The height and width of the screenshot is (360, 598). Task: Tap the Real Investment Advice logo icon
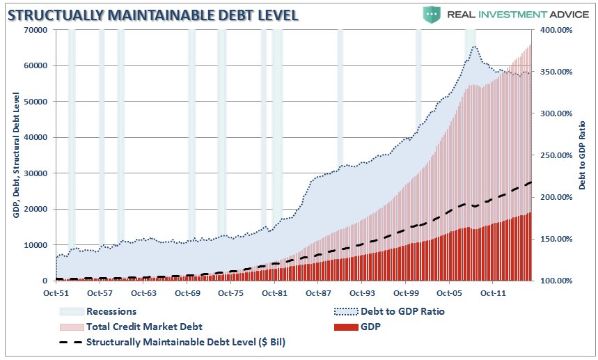[432, 13]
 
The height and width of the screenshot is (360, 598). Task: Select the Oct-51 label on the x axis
[56, 294]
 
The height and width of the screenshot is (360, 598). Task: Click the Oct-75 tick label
[230, 294]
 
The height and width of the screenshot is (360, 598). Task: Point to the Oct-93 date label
[361, 294]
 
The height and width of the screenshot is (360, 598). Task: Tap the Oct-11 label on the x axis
[492, 294]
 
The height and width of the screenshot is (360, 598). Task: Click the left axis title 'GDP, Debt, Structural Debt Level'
[15, 155]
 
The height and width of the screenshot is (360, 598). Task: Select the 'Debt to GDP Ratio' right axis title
[581, 155]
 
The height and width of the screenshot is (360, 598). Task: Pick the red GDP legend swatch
[346, 327]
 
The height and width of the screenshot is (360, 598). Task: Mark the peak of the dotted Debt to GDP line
[474, 47]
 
